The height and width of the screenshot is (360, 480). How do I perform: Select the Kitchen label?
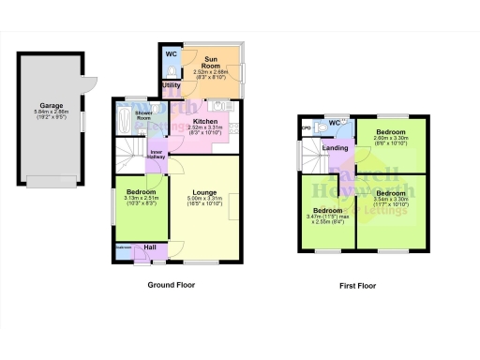tap(204, 121)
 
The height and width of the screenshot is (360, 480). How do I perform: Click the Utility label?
tap(171, 86)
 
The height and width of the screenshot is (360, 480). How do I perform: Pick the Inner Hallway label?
tap(157, 155)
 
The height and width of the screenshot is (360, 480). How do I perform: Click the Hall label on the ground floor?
tap(150, 247)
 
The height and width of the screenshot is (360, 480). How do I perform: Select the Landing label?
tap(336, 147)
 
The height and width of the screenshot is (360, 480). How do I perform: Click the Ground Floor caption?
tap(172, 283)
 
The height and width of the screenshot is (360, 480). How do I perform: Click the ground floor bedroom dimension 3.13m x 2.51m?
tap(141, 199)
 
